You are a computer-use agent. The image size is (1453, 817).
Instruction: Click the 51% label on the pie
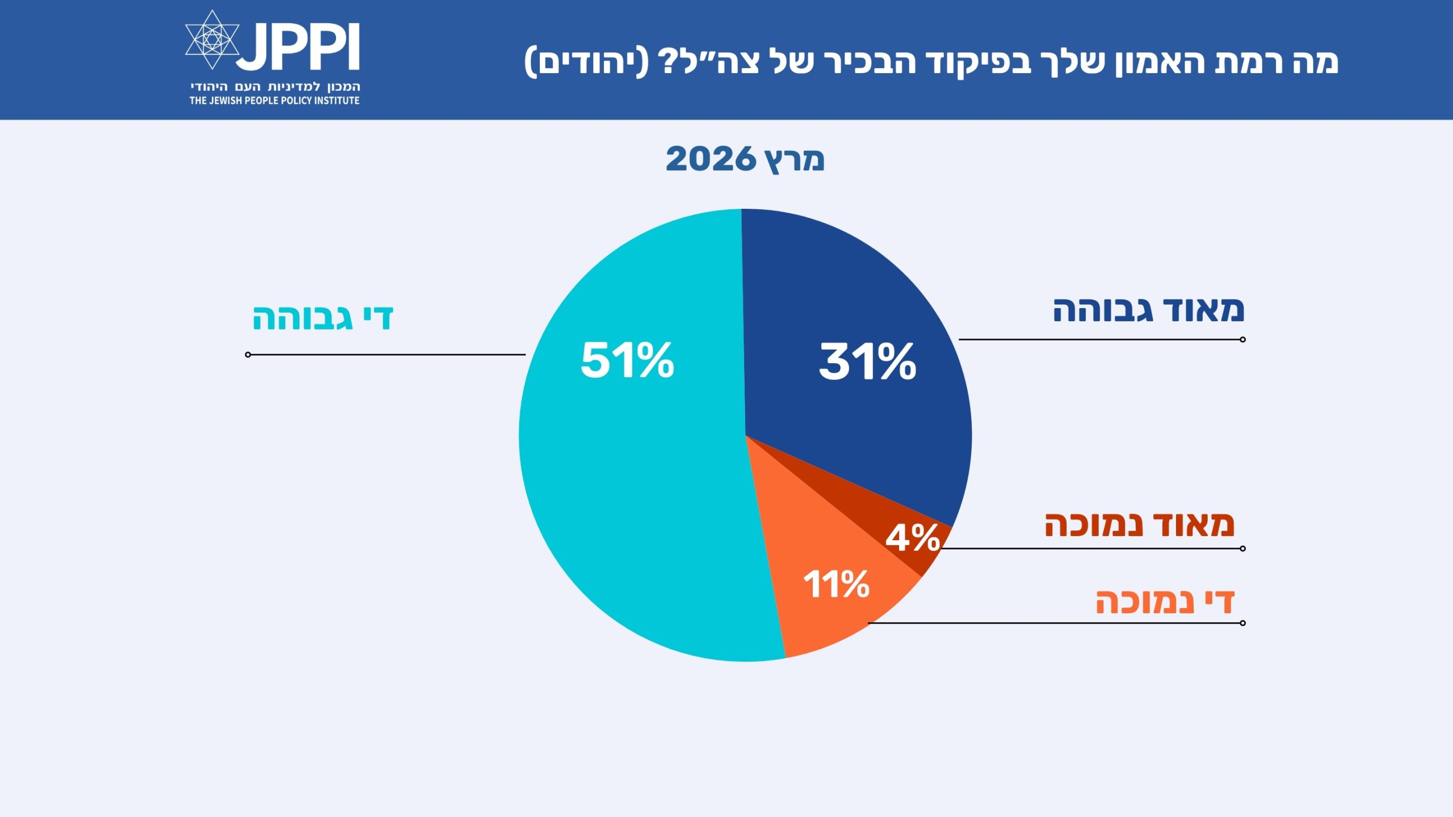(627, 360)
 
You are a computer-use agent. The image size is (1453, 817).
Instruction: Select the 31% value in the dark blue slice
(867, 361)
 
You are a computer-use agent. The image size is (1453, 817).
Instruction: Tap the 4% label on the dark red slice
(913, 538)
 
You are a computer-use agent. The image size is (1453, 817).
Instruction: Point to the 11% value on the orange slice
(836, 584)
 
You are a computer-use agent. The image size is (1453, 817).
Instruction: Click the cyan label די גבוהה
(322, 318)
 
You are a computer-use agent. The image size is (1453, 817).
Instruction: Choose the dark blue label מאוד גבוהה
(1148, 310)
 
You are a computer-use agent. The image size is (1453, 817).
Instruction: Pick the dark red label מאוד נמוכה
(1139, 524)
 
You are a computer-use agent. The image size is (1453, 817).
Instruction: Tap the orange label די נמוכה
(1165, 602)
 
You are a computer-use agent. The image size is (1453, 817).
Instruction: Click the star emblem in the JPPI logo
(212, 40)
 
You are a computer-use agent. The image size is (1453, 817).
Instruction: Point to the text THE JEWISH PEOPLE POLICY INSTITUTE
(275, 100)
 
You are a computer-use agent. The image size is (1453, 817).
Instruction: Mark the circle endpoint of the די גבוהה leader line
(248, 355)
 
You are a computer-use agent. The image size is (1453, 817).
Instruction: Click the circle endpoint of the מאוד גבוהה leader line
(1242, 339)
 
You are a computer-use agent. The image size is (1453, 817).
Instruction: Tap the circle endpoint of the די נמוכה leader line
(1242, 623)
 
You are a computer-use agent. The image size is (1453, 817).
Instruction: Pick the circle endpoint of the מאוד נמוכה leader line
(1242, 549)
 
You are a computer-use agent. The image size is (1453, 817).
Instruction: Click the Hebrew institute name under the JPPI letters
(275, 87)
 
